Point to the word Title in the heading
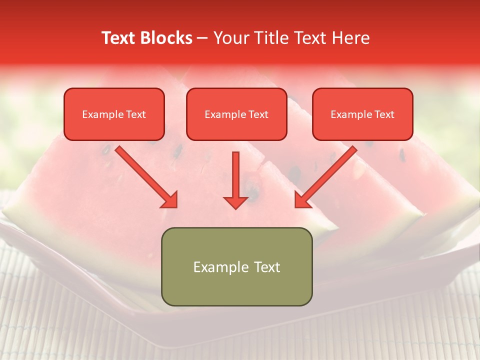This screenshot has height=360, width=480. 269,38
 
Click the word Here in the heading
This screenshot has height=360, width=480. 351,38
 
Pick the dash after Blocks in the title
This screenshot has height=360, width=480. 202,38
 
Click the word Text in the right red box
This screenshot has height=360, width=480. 384,114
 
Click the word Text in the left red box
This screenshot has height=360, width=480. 136,114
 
